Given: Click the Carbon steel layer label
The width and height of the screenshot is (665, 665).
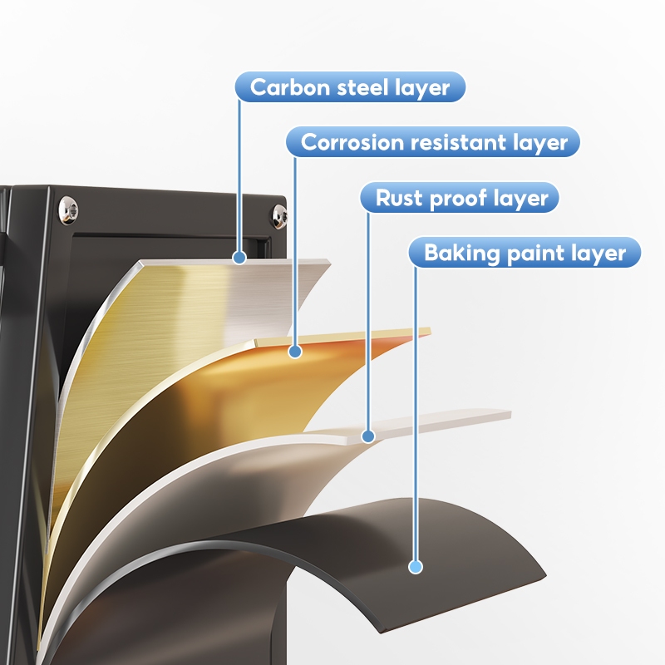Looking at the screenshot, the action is (x=350, y=87).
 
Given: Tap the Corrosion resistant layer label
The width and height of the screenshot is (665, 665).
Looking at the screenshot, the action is (x=433, y=142).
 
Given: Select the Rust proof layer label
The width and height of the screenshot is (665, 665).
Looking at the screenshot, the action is (x=461, y=199).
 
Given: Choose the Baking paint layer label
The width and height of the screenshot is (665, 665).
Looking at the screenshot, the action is (x=525, y=253).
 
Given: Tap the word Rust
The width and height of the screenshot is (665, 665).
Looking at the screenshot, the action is (x=398, y=199).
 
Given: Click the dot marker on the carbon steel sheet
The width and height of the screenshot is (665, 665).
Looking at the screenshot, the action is (x=239, y=258).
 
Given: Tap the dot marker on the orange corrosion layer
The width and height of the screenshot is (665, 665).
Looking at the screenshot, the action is (x=294, y=352).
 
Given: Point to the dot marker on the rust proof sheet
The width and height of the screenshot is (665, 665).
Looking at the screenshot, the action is (x=368, y=436).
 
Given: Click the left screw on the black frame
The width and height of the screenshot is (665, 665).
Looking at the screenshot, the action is (x=66, y=209).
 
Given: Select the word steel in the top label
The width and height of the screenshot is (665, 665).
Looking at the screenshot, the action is (x=359, y=87).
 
